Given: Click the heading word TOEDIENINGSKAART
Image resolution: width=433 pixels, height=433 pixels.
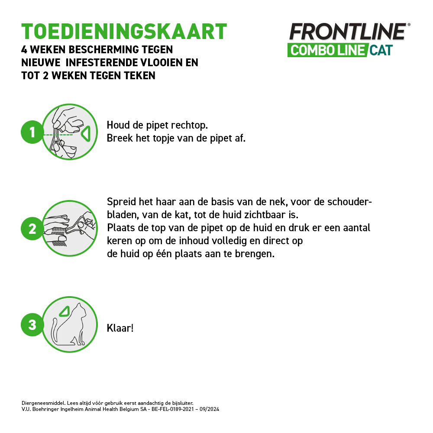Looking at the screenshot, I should coord(124,31).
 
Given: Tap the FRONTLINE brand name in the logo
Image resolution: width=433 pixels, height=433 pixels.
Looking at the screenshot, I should coord(347,32).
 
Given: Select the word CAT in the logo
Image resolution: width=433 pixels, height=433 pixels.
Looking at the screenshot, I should coord(381,50).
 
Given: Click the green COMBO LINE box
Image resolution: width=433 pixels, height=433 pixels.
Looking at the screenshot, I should coord(327,50).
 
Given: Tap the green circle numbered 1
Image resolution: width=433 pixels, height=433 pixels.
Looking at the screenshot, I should coord(32,132).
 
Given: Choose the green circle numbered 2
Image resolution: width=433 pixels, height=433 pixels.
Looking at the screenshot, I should coord(32,229).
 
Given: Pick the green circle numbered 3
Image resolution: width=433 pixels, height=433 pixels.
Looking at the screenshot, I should coord(32,324).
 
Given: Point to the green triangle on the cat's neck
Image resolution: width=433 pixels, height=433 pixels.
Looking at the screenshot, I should coord(65,311).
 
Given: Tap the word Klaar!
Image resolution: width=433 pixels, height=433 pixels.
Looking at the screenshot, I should coord(120,328).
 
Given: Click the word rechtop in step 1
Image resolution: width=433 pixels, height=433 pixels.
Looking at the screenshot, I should coord(190,126).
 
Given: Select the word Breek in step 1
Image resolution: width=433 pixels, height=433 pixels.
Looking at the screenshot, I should coord(119,139).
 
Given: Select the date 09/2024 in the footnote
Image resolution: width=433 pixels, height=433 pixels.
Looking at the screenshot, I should coord(210,409).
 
